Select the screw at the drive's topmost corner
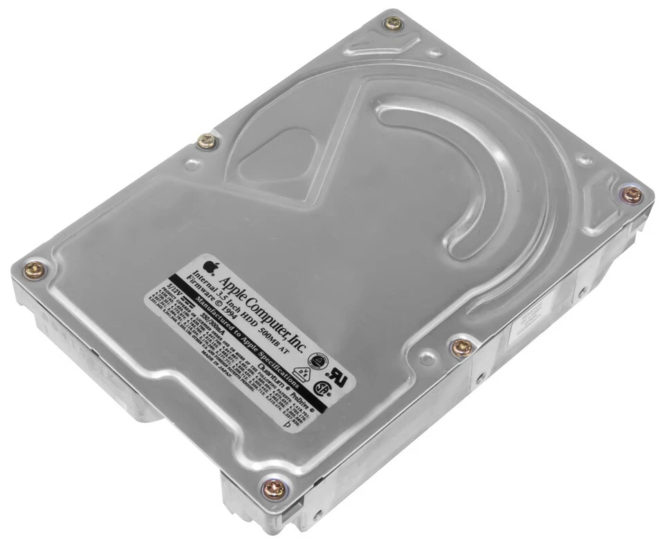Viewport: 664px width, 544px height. [393, 24]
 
